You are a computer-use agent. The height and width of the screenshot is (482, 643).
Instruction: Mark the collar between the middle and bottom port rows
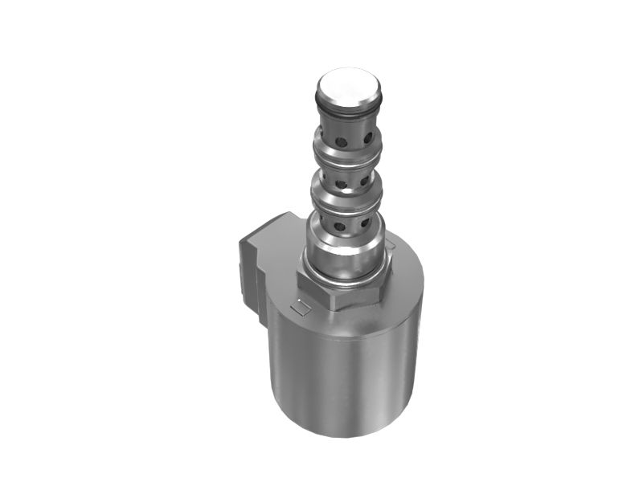[343, 197]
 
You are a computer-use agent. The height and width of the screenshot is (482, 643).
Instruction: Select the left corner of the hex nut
[298, 280]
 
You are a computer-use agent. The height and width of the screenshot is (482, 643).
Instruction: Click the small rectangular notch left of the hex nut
[300, 306]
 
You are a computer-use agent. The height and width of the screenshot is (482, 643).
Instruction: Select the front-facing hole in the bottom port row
[340, 227]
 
